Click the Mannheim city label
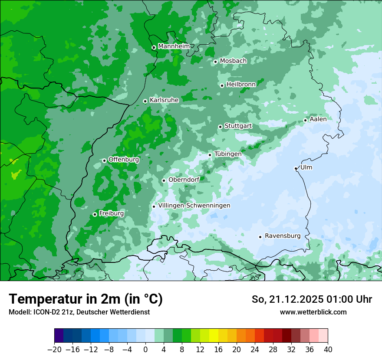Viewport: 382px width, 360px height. tap(174, 46)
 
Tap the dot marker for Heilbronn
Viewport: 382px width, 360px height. tap(222, 85)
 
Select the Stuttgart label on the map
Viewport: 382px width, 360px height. tap(238, 126)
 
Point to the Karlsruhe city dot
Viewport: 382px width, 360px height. tap(145, 101)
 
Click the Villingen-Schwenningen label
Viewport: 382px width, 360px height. tap(194, 205)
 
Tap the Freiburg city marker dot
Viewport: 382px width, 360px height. tap(95, 214)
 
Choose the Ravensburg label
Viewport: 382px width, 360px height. tap(282, 236)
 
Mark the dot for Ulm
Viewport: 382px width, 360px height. tap(296, 168)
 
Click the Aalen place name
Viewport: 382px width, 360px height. tap(318, 119)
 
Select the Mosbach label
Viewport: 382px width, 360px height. tap(233, 61)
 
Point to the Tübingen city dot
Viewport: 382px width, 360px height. tap(210, 155)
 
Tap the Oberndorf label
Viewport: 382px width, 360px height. tap(184, 180)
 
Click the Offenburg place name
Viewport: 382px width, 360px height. tap(123, 159)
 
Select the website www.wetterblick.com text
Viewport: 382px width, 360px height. tap(313, 312)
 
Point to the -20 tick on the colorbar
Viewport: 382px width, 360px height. tap(54, 350)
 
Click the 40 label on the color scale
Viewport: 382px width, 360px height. tap(328, 350)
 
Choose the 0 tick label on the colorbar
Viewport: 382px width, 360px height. tap(145, 350)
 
